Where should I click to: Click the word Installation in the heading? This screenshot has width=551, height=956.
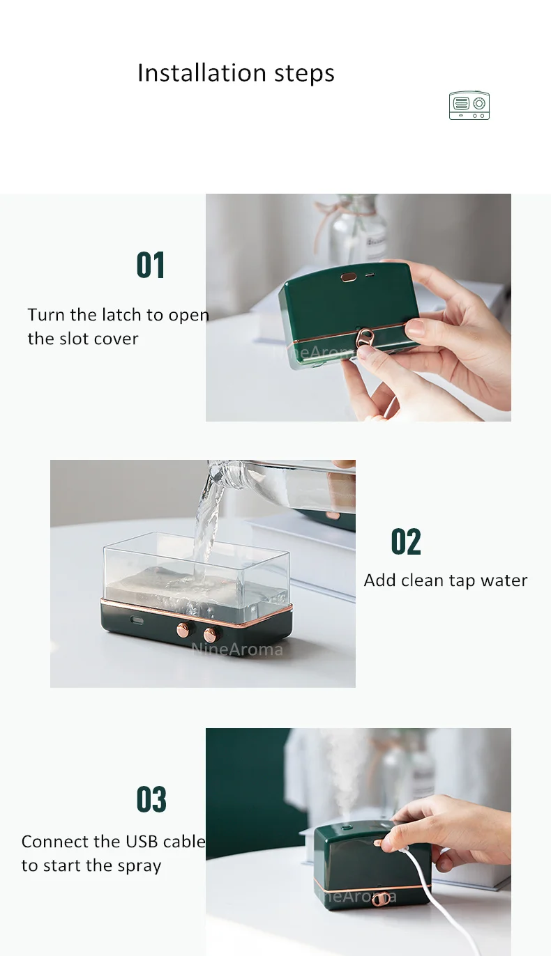coord(202,72)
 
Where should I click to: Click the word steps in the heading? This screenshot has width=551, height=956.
coord(304,74)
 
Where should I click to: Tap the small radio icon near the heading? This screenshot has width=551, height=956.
coord(469,105)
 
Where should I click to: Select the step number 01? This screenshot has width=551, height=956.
coord(151,265)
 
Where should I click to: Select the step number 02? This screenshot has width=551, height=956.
coord(406,541)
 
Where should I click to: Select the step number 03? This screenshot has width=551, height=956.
coord(151,799)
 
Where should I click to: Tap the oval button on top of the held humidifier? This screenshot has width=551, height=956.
coord(349,277)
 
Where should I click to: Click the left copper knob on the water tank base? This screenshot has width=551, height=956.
coord(183,630)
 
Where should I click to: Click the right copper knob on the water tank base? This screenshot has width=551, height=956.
coord(210,635)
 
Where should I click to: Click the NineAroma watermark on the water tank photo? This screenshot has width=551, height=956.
coord(236,649)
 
